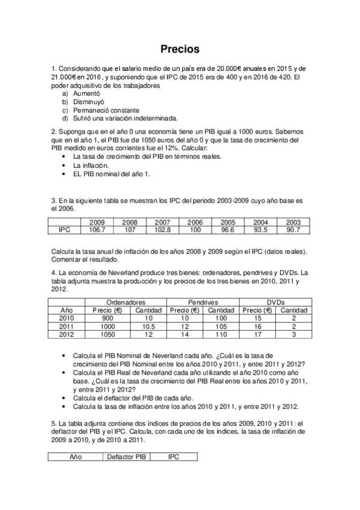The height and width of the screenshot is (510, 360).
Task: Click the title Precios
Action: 180,49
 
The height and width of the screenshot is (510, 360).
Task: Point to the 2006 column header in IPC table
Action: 195,223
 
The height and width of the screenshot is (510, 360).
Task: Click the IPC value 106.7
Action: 97,230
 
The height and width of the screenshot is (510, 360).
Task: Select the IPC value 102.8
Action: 162,230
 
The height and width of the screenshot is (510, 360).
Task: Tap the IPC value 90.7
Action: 293,230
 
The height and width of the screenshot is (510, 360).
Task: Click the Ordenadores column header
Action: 125,302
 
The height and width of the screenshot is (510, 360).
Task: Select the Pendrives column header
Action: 203,302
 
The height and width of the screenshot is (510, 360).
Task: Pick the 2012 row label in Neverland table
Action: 67,334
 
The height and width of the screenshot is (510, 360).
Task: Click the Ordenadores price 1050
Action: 107,334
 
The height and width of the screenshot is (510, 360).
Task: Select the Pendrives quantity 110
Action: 221,334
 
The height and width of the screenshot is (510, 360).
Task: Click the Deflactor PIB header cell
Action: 126,457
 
